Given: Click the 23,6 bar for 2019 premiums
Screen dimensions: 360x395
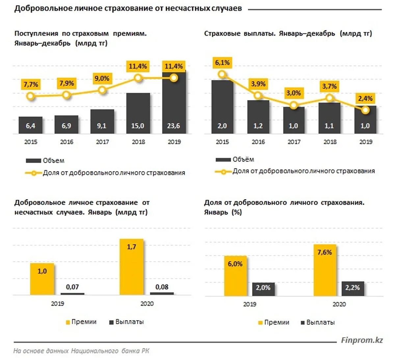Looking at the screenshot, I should (174, 102).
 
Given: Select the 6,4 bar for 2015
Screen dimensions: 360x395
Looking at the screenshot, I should (30, 125).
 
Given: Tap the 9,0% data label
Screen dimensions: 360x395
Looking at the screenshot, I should (102, 78).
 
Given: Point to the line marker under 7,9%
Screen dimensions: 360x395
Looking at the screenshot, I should (66, 95).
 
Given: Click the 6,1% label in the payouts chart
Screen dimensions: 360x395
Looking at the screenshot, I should (223, 63).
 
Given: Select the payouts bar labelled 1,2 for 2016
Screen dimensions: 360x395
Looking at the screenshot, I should (258, 117).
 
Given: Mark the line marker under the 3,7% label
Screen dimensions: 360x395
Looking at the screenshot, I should (329, 98).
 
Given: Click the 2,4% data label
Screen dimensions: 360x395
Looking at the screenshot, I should (365, 98).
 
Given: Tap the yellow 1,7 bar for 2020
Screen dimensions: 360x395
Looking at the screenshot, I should (131, 267).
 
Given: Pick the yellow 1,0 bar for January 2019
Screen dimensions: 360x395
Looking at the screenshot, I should (42, 279).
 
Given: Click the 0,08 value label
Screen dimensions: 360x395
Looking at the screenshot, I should (162, 287).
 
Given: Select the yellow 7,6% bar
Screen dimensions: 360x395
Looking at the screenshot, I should (325, 270).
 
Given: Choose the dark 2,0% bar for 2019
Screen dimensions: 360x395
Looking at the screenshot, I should (263, 289).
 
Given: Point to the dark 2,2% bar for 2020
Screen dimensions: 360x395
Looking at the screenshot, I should (353, 288).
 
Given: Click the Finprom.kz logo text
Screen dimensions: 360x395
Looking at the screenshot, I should (362, 340).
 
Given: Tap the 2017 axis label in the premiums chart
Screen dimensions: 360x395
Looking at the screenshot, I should (102, 142).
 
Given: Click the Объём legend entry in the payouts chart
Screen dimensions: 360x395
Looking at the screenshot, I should (235, 160).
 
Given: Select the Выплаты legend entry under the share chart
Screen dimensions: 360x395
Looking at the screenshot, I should (318, 322).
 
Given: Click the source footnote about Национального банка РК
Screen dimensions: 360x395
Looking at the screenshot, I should (81, 351).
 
